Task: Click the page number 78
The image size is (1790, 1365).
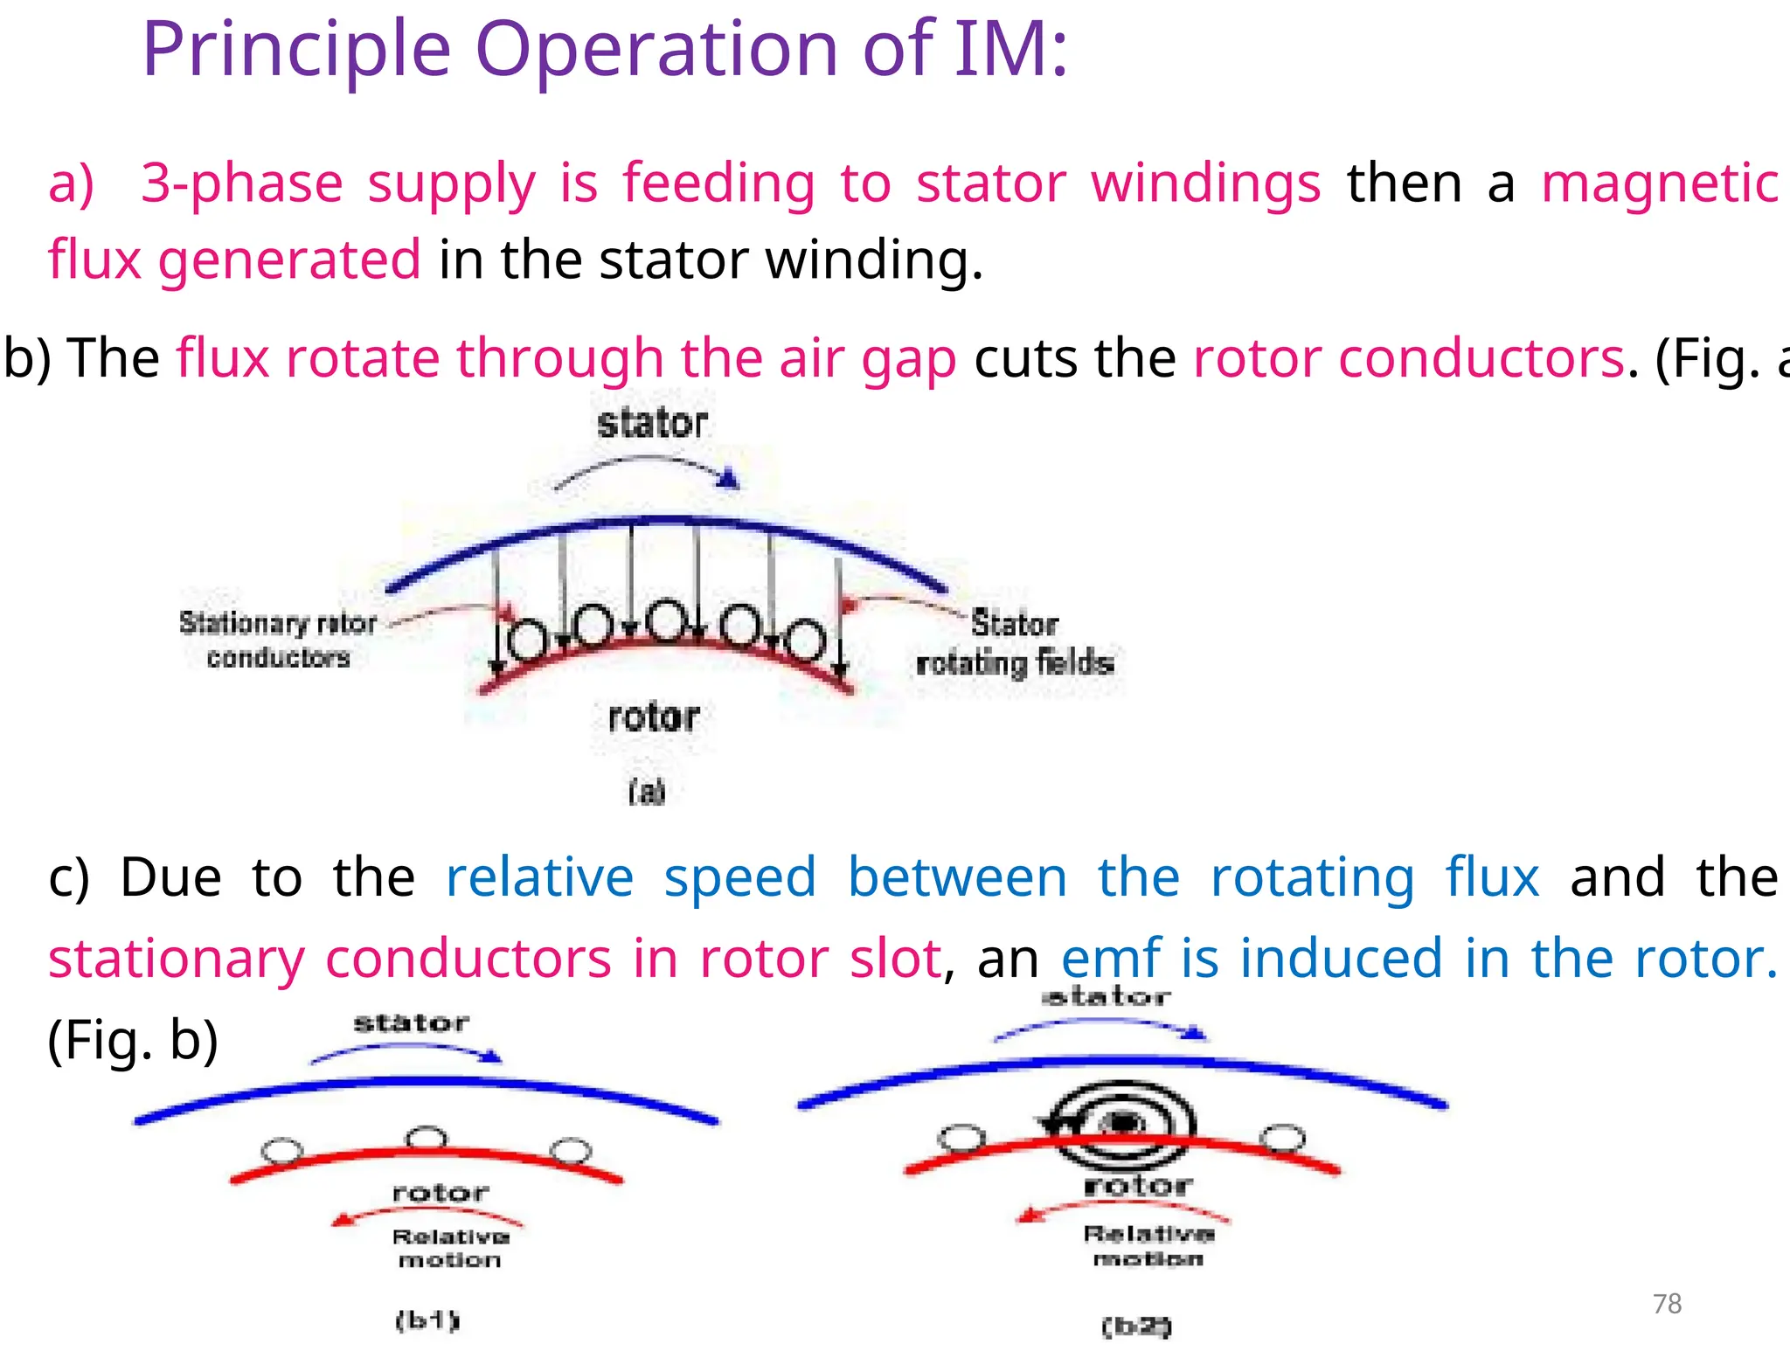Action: (1667, 1303)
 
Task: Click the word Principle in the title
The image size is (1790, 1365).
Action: (296, 50)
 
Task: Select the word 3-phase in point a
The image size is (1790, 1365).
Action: (242, 184)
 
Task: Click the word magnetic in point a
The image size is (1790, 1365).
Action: (1659, 184)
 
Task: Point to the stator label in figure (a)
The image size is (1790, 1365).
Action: (652, 423)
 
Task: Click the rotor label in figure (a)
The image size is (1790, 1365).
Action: (654, 717)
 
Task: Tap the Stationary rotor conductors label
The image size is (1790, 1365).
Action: (278, 640)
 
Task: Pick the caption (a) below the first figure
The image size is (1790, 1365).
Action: (647, 792)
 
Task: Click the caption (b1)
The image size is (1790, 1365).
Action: (427, 1320)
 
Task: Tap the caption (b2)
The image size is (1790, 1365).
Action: (1135, 1327)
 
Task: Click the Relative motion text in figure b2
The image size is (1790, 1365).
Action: (1148, 1245)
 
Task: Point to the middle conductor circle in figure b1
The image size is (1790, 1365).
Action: (427, 1138)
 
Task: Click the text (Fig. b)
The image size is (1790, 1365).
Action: (133, 1040)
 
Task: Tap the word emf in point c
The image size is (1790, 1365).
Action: (1111, 959)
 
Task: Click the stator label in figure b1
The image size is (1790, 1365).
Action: (411, 1022)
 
